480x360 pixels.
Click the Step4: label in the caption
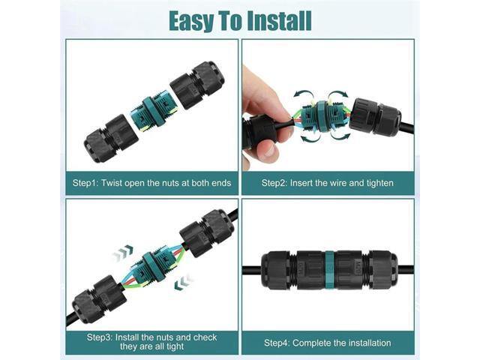[277, 343]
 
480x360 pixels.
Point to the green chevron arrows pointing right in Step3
[123, 253]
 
